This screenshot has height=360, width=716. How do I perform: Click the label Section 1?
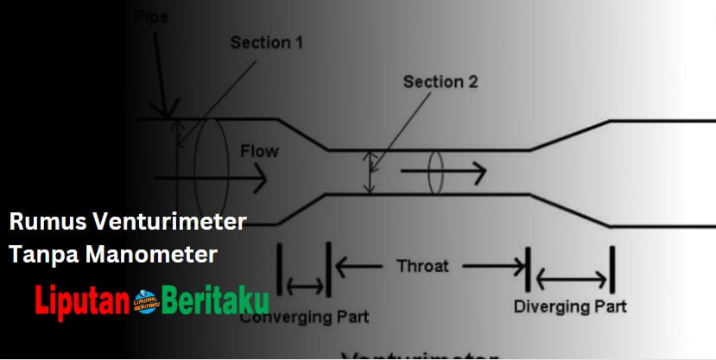coord(266,42)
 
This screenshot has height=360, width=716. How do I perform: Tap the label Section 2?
coord(440,82)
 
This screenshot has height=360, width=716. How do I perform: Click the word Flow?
coord(259,152)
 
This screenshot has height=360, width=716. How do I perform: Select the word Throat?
coord(424,266)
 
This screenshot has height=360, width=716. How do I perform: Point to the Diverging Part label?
coord(570,306)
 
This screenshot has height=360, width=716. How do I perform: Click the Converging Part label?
coord(304,317)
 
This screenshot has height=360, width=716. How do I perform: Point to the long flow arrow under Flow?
coord(208,182)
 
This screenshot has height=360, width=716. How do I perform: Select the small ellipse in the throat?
coord(435,174)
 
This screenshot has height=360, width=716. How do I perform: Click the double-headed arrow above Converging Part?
coord(306,284)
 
